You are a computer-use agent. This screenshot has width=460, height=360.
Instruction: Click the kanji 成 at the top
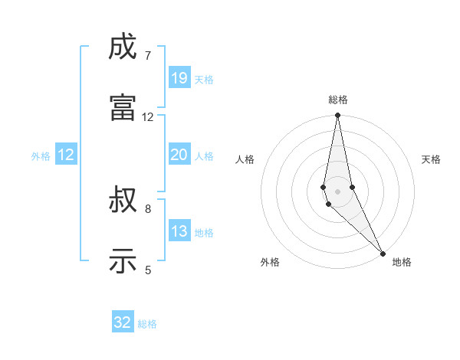[123, 48]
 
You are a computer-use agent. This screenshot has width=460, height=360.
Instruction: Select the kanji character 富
[123, 108]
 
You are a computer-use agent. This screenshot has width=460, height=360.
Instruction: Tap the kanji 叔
[123, 202]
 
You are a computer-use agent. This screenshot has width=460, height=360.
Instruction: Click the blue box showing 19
[179, 77]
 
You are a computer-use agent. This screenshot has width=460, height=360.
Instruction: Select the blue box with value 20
[179, 154]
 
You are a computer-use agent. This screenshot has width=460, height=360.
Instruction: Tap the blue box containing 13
[179, 231]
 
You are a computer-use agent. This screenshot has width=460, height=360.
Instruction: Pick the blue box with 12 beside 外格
[66, 155]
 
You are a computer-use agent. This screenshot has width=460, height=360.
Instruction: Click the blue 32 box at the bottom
[123, 322]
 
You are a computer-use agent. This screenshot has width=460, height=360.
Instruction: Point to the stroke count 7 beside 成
[147, 56]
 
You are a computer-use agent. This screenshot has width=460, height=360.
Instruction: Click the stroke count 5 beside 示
[147, 270]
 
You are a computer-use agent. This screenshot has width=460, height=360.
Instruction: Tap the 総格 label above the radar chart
[338, 100]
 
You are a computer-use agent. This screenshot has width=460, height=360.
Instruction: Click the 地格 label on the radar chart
[402, 262]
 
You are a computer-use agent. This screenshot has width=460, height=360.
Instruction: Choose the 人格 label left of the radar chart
[245, 159]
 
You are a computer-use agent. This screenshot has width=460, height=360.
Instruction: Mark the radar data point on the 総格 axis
[338, 116]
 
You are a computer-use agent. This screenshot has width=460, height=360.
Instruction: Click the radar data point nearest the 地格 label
[383, 253]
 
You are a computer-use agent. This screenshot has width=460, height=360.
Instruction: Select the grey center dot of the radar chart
[338, 191]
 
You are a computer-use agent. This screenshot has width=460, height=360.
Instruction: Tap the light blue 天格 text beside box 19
[204, 79]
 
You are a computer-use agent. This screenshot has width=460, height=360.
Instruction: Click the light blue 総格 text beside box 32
[147, 324]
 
